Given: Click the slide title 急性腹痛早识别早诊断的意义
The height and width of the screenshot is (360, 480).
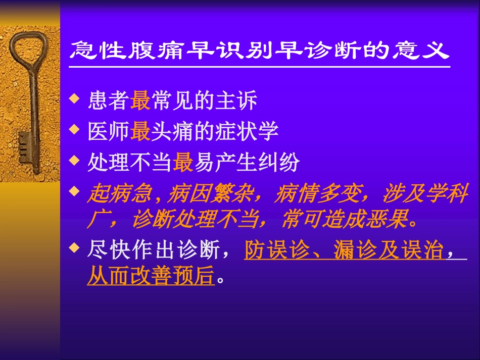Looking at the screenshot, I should coord(259,50).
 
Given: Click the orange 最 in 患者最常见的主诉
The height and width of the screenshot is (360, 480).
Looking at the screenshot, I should coord(140,101).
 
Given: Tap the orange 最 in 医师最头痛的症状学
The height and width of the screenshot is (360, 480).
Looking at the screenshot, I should coord(140,132).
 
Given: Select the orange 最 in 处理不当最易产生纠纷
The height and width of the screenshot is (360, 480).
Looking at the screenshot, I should coord(182,163).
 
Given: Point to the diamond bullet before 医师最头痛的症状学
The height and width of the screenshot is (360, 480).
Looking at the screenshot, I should coord(75,129).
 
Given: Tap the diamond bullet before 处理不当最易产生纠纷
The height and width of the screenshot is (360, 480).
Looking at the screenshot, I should coord(75,160).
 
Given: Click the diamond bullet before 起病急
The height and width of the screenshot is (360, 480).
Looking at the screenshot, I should coord(75,191).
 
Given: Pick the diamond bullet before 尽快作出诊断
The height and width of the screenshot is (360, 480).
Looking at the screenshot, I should coord(75,247).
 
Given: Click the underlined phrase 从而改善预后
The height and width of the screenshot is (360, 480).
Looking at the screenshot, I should coord(151,277).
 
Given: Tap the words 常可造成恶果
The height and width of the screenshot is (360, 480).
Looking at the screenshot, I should coord(344,220).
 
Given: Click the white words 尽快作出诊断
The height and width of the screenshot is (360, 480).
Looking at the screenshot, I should coord(151,250).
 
